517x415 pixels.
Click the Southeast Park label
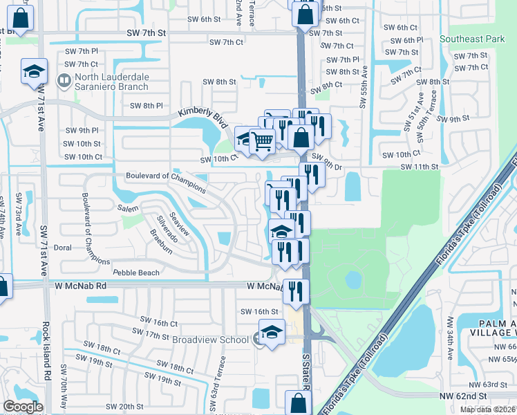tap(477, 39)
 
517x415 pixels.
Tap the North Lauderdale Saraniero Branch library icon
tap(64, 82)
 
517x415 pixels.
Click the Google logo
tap(23, 406)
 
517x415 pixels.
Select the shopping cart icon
tap(262, 142)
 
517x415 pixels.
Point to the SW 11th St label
tap(420, 167)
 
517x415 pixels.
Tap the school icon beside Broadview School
tap(272, 332)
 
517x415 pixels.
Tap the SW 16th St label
tap(258, 312)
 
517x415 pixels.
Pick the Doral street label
tap(63, 247)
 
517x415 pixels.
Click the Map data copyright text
tap(488, 409)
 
